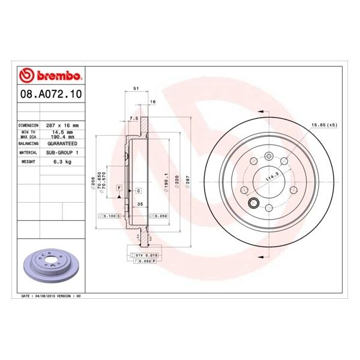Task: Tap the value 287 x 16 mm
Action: pos(62,125)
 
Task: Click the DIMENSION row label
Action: pos(29,125)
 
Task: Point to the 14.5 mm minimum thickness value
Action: pos(62,132)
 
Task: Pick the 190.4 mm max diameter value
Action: pos(62,137)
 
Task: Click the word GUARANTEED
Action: pos(62,145)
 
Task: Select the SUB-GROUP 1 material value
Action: pos(62,153)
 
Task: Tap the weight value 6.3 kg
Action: pos(62,162)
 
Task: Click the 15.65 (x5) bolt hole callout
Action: pos(323,125)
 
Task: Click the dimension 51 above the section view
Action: pos(136,88)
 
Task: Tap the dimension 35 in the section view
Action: pos(139,204)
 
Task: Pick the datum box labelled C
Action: pos(138,190)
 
